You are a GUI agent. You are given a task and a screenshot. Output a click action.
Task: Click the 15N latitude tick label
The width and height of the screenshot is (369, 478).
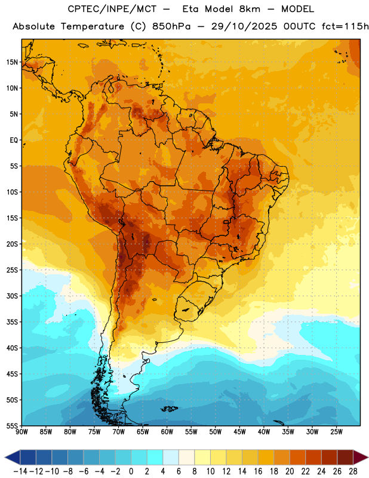coord(12,62)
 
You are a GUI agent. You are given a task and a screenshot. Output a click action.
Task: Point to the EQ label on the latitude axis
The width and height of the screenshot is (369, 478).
coord(14,140)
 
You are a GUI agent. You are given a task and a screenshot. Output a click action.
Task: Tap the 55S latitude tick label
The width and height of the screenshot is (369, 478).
coord(12,425)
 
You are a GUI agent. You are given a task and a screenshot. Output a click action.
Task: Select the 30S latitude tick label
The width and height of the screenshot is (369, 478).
coord(12,296)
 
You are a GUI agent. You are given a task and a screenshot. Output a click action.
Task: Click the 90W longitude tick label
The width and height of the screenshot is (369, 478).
coord(21,432)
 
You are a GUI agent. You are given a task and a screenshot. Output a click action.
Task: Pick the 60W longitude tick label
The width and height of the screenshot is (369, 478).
coord(167,432)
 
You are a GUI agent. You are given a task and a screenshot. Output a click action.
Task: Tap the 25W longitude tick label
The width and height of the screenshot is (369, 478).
coord(336,432)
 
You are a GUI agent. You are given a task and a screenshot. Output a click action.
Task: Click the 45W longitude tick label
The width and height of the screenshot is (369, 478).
coord(239,432)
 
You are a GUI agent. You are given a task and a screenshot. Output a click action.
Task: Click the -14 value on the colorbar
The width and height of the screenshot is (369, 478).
coord(20,471)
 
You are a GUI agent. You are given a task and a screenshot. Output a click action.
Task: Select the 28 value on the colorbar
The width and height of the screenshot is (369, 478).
coord(353,471)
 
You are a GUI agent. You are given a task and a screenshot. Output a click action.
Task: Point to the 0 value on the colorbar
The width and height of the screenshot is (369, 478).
coord(131,471)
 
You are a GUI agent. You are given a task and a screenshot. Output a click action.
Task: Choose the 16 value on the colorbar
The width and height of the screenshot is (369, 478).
coord(258,471)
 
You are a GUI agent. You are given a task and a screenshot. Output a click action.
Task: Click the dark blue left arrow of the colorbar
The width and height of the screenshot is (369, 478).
coord(13,458)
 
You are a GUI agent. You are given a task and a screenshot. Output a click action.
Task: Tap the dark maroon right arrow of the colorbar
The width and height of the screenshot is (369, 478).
coord(361,458)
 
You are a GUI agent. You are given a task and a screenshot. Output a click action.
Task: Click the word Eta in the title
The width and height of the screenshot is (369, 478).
coord(190,9)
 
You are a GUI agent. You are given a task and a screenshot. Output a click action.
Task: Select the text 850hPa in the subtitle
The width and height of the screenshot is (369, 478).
coord(171,26)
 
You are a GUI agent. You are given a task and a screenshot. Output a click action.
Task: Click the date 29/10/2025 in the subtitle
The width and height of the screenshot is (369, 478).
coord(244,26)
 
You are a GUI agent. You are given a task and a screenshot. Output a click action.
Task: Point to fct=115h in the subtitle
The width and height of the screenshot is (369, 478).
coord(345,26)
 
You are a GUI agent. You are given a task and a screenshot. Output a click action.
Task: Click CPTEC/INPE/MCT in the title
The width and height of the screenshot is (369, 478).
coord(112,9)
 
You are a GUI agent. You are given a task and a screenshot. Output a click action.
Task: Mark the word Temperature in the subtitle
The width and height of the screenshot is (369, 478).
coord(93,27)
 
